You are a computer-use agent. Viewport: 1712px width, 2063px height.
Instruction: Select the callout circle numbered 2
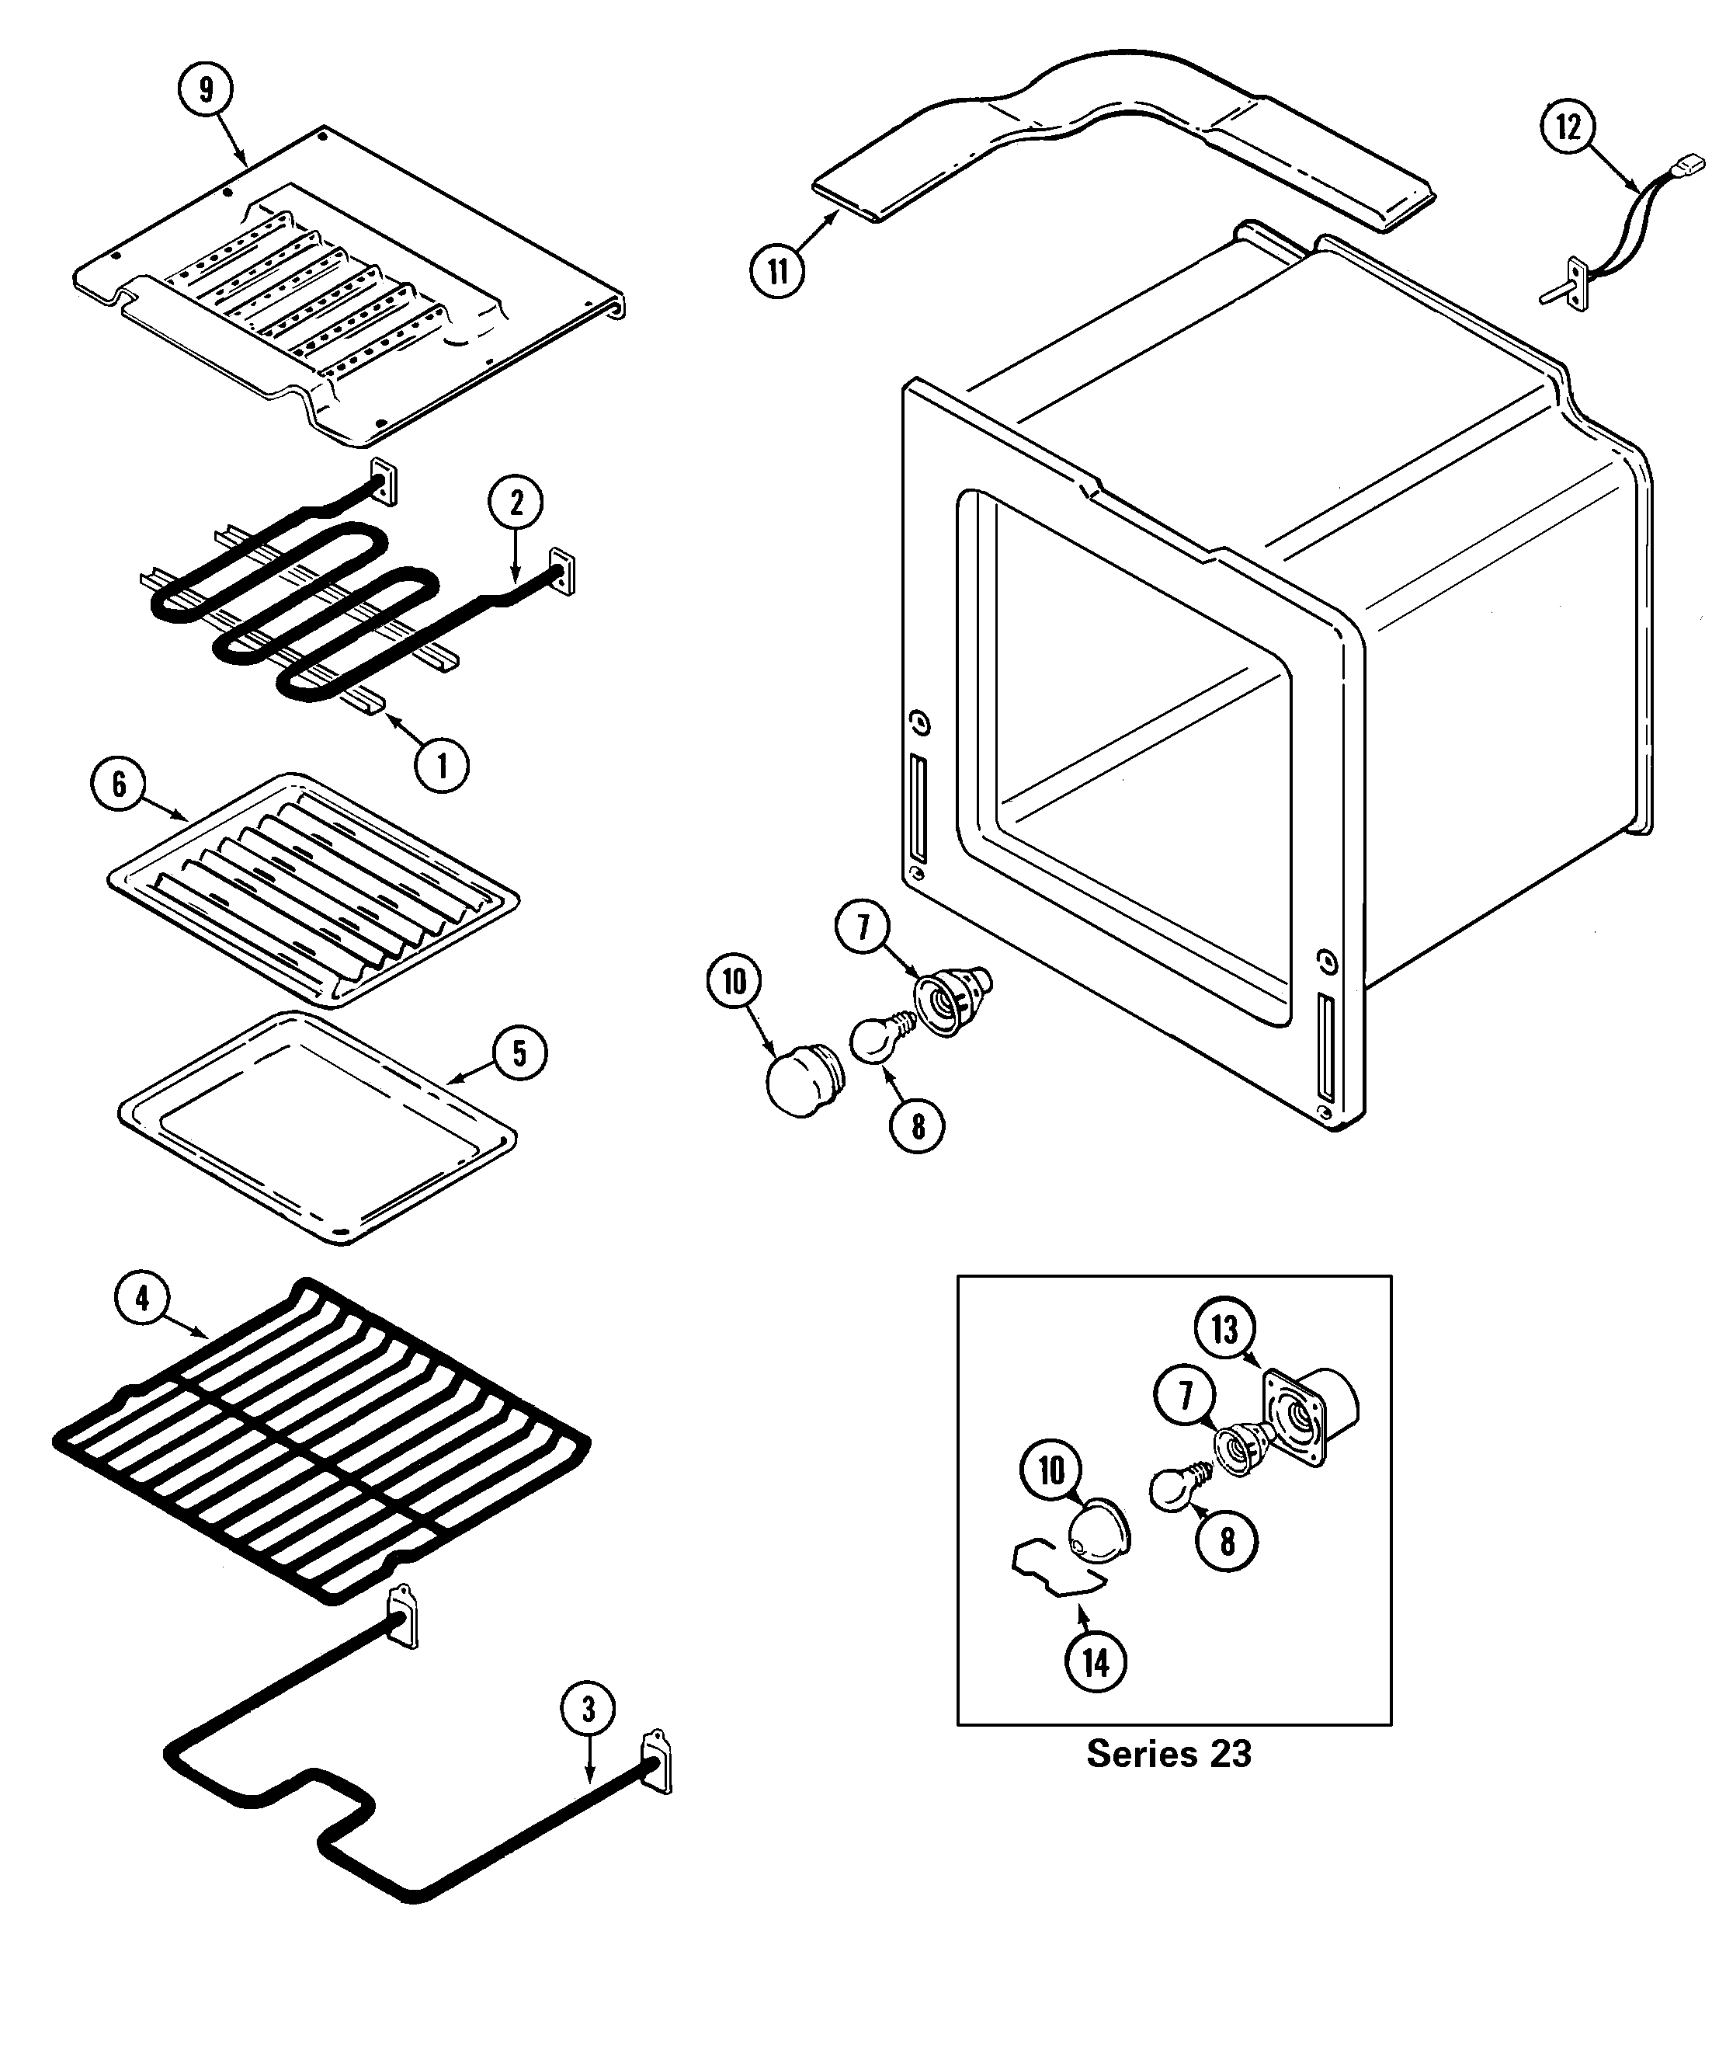(516, 503)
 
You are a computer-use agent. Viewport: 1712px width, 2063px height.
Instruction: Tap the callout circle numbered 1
(441, 765)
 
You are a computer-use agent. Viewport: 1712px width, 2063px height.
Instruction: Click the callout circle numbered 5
(519, 1053)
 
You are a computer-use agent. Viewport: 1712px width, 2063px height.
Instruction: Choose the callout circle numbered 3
(589, 1710)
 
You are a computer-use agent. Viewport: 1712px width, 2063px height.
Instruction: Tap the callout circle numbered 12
(1568, 127)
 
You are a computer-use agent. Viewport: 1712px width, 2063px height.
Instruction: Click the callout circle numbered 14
(1096, 1663)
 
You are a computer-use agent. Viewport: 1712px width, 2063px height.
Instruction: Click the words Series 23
(1169, 1754)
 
